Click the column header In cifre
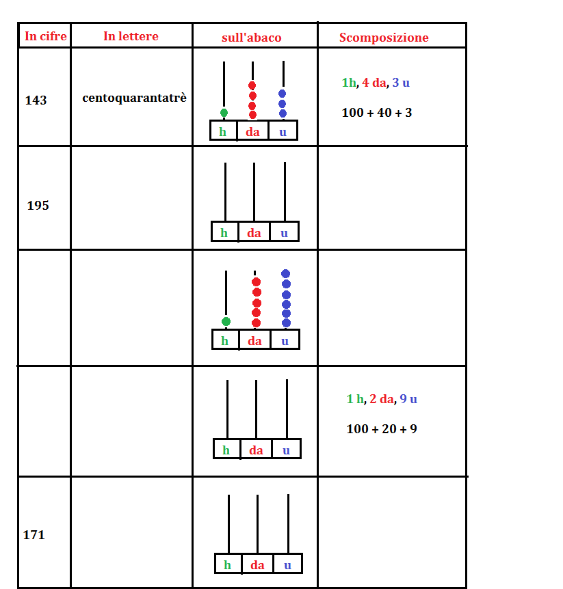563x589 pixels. coord(46,36)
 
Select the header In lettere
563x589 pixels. coord(131,36)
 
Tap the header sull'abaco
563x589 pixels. coord(252,38)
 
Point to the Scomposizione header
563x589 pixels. coord(384,38)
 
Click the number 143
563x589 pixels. coord(36,100)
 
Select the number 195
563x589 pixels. coord(38,206)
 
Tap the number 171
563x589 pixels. coord(34,534)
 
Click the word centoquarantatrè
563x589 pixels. coord(135,98)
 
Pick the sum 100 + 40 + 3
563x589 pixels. coord(377,113)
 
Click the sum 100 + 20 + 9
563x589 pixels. coord(382,429)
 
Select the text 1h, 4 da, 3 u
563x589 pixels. coord(376,83)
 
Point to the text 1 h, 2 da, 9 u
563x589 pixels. coord(382,399)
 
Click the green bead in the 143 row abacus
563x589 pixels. coord(224,113)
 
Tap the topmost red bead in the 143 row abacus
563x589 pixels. coord(252,85)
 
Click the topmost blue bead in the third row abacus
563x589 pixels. coord(285,273)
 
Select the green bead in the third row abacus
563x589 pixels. coord(226,322)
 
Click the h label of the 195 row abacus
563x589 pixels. coord(224,233)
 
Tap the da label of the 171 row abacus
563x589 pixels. coord(257,565)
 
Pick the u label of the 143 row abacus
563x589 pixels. coord(283,133)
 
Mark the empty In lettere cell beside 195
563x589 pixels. coord(131,197)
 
